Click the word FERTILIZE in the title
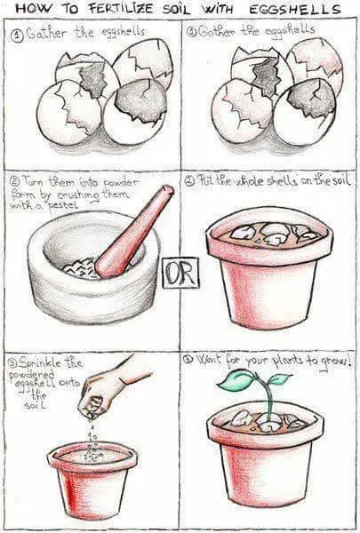tap(121, 9)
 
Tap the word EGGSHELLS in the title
tap(295, 9)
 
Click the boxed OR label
tap(180, 273)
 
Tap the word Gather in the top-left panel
tap(47, 33)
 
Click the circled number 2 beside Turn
tap(16, 180)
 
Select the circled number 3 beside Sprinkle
tap(12, 363)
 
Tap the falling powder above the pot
tap(92, 442)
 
